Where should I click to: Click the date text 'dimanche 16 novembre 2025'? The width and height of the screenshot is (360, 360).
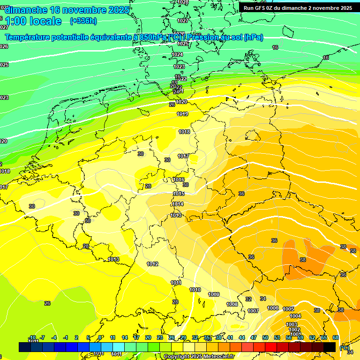67,10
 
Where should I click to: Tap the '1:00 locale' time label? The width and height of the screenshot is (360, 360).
33,21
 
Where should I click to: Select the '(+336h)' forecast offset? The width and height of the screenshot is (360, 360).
84,21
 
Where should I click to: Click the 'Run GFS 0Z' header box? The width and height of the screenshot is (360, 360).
298,8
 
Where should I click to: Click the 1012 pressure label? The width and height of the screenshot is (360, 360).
152,264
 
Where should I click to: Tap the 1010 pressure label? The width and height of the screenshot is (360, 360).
195,290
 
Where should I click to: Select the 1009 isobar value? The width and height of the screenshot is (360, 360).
214,294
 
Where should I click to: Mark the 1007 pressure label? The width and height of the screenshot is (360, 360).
253,311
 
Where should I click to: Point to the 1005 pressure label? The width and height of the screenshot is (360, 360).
288,309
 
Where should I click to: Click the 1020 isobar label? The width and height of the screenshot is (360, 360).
182,102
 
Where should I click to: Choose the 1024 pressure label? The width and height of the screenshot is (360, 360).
177,54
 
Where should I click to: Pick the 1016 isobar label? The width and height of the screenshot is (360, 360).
179,180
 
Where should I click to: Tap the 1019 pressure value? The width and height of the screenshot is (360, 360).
183,114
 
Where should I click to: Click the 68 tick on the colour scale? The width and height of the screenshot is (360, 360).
336,337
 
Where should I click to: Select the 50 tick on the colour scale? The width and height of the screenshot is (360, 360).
265,337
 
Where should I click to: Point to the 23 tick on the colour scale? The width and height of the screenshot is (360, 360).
160,337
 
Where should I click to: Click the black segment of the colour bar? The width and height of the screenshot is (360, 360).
330,347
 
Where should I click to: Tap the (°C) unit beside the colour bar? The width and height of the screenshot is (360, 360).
344,347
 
